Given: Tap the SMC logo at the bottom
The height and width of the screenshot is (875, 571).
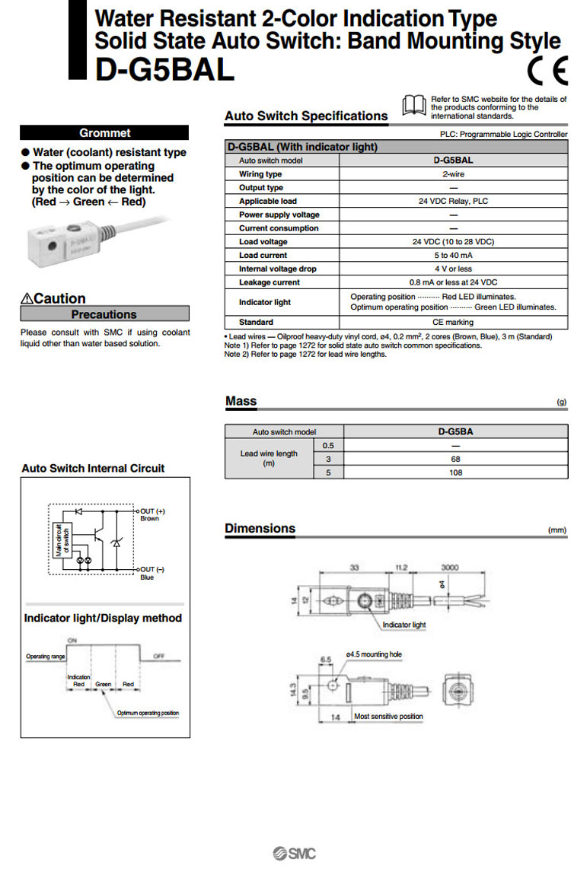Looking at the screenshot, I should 294,853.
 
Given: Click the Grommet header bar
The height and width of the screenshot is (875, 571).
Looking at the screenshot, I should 104,132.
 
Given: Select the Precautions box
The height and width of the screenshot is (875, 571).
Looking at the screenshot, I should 104,314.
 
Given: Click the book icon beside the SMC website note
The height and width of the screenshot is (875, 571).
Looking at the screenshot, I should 414,105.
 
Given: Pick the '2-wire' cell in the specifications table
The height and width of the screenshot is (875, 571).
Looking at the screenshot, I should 453,174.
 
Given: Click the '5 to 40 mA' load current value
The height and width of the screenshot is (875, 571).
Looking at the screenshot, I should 453,256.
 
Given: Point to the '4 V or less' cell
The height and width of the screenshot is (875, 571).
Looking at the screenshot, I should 453,269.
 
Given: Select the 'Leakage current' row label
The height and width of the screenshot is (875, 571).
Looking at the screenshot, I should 270,282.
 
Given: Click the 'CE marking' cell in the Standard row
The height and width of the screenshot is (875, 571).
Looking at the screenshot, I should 453,323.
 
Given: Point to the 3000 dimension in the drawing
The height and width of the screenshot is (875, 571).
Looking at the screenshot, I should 450,568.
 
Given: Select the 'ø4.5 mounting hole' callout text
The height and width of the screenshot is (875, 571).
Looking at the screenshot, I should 373,654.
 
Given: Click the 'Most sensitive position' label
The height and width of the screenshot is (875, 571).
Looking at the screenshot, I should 388,717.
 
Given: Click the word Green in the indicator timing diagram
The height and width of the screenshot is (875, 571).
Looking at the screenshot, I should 104,684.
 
